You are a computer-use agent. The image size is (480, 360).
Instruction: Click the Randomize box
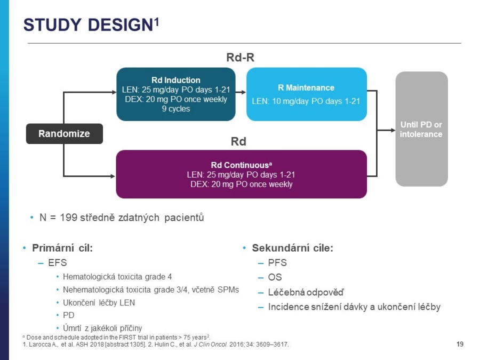pos(65,133)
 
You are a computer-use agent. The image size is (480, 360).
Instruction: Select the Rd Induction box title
pos(175,80)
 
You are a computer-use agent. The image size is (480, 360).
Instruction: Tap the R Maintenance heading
pos(306,88)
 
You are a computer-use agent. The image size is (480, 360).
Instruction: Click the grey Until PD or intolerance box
pos(421,129)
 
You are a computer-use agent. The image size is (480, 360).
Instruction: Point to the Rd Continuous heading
pos(241,165)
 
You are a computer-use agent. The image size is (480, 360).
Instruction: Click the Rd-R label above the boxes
pos(241,57)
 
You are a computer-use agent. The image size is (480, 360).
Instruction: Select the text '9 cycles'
pos(175,109)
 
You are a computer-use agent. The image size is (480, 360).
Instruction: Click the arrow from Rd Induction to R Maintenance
pos(241,92)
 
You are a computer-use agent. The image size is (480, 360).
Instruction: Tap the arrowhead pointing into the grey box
pos(393,130)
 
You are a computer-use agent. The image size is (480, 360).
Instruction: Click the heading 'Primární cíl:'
pos(62,247)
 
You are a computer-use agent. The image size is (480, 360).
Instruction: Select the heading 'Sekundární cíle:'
pos(292,247)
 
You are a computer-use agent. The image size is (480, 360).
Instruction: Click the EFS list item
pos(57,262)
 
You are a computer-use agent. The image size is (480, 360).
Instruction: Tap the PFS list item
pos(277,262)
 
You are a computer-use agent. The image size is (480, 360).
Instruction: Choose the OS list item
pos(275,277)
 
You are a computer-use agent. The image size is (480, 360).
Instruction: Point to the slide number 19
pos(460,344)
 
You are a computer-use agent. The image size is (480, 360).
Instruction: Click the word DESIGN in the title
pos(121,25)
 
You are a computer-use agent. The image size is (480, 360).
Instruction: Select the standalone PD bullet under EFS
pos(69,315)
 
